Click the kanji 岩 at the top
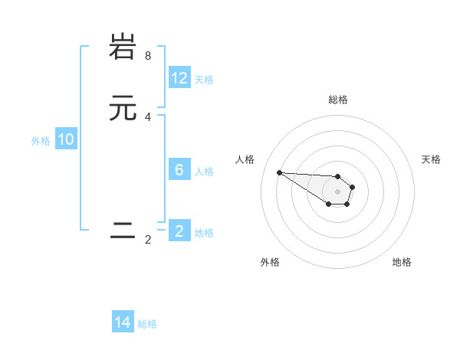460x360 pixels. coord(123,47)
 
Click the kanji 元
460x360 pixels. coord(123,108)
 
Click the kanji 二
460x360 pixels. coord(123,231)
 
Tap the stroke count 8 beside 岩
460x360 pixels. coord(148,56)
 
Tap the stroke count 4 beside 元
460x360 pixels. coord(148,117)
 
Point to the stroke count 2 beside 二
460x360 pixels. coord(148,240)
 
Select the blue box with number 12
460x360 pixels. coord(179,78)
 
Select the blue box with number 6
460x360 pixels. coord(179,170)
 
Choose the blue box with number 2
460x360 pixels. coord(179,231)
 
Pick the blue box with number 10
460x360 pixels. coord(66,139)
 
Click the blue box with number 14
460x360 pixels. coord(123,322)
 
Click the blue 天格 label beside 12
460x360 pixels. coord(204,80)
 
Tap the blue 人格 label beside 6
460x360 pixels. coord(204,172)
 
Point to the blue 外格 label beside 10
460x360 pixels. coord(41,141)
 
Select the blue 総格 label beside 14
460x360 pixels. coord(147,324)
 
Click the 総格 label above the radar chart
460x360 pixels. coord(338,100)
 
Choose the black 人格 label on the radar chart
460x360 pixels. coord(245,159)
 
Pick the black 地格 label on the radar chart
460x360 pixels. coord(402,263)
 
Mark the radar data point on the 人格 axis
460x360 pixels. coord(279,172)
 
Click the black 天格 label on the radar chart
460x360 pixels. coord(431,159)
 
